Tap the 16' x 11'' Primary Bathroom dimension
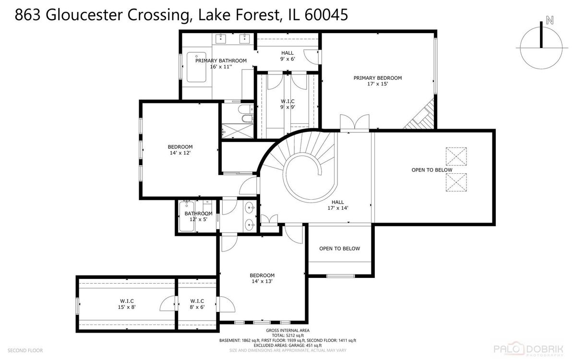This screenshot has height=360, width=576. pos(221,67)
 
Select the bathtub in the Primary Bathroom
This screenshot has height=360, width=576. pos(196,67)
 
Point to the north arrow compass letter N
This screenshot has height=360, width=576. pos(550,20)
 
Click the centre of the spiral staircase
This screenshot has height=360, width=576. pos(309,178)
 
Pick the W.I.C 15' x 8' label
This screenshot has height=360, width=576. pos(127,304)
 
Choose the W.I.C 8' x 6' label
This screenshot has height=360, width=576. pos(197,304)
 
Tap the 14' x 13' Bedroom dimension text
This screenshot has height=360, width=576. pos(262,281)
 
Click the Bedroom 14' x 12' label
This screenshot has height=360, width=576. pos(180,150)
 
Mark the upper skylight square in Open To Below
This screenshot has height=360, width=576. pos(456,156)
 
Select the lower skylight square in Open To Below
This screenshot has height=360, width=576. pos(456,182)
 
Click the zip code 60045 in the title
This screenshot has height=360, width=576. pos(326,15)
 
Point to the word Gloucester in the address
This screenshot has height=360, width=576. pos(84,15)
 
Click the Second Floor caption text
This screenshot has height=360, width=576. pos(25,350)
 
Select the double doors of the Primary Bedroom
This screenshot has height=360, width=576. pos(355,122)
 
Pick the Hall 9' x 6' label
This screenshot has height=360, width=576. pos(288,56)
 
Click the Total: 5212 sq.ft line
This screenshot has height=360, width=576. pos(288,336)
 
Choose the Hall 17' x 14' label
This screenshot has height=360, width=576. pos(337,205)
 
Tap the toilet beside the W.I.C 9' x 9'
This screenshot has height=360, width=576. pos(246,109)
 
